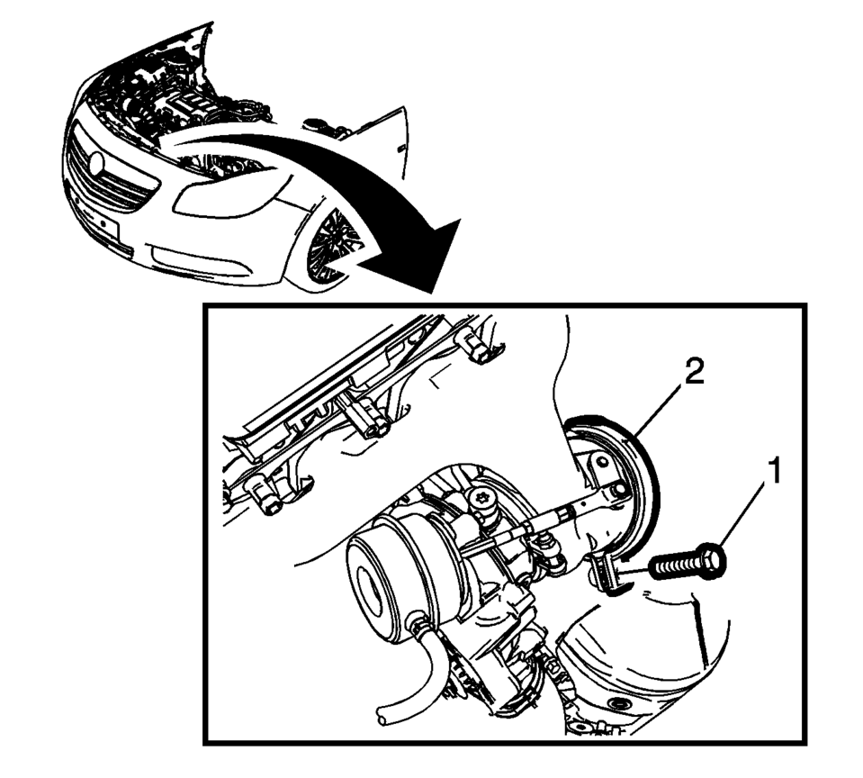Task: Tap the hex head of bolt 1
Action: coord(714,560)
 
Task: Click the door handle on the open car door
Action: coord(400,148)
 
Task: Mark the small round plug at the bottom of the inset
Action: coord(616,704)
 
